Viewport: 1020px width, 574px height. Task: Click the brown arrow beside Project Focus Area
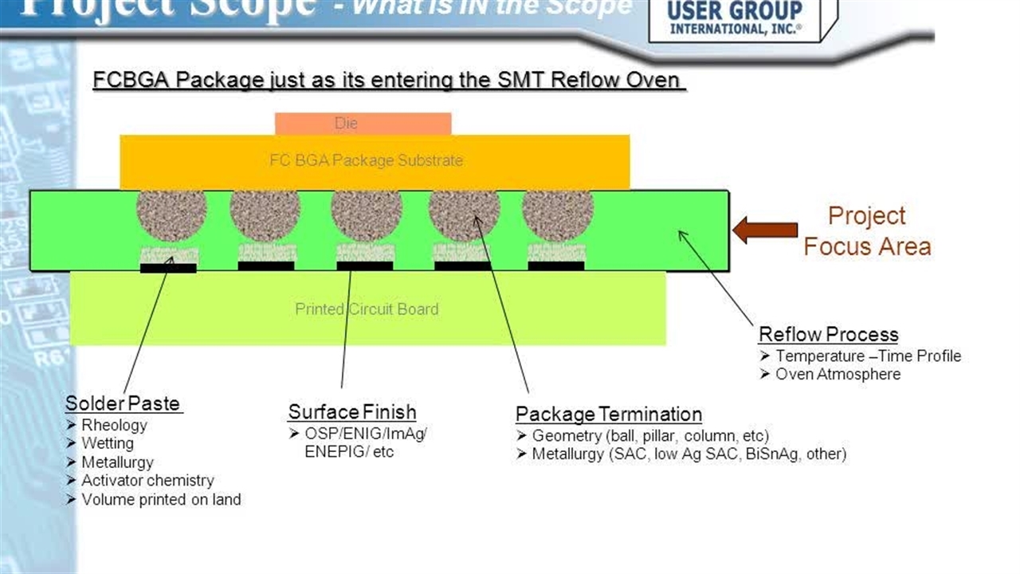click(x=765, y=230)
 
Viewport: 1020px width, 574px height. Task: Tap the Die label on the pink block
click(x=346, y=124)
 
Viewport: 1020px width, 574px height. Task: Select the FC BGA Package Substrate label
click(x=366, y=160)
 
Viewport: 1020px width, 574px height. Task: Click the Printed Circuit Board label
click(x=367, y=309)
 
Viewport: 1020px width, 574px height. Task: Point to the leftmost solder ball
click(x=171, y=213)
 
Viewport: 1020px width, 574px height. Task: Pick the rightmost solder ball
click(x=558, y=213)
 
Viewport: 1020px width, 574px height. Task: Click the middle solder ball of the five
click(x=367, y=213)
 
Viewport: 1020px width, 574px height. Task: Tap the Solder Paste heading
click(x=124, y=403)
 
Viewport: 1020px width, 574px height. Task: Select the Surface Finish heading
click(x=351, y=412)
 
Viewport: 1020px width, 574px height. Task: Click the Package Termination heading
click(x=608, y=415)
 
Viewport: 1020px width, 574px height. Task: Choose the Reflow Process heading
click(x=828, y=334)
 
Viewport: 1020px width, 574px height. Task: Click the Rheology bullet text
click(x=114, y=425)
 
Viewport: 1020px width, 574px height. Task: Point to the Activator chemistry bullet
click(x=147, y=481)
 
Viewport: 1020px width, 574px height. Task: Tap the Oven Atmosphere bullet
click(x=838, y=374)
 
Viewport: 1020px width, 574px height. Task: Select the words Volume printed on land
click(x=161, y=500)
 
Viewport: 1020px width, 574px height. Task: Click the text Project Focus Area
click(x=866, y=230)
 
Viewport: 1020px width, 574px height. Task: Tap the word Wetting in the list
click(x=108, y=443)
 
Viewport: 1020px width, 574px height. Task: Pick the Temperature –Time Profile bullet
click(x=868, y=356)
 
